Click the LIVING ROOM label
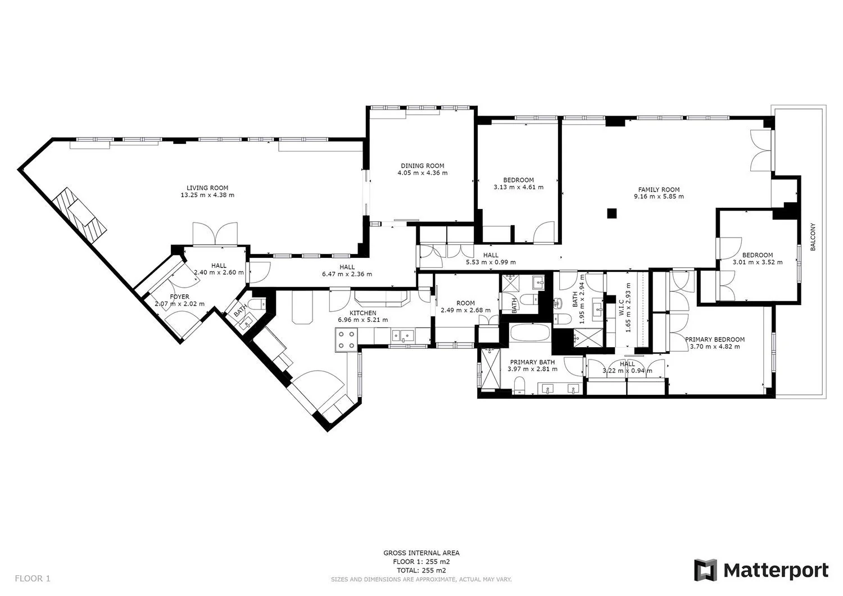click(x=207, y=188)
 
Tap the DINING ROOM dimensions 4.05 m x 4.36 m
click(x=423, y=173)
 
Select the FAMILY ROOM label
click(x=659, y=190)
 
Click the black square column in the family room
click(x=612, y=213)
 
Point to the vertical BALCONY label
click(x=813, y=236)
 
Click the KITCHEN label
click(x=363, y=313)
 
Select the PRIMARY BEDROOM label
click(x=715, y=339)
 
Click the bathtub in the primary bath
click(x=529, y=333)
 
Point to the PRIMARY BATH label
click(x=532, y=362)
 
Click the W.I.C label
click(x=621, y=307)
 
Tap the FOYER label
click(x=179, y=297)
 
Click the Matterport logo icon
click(x=706, y=570)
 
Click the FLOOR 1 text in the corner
click(x=33, y=579)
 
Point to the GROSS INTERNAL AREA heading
click(x=421, y=553)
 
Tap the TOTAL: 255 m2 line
click(x=421, y=570)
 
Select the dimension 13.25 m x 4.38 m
click(x=207, y=195)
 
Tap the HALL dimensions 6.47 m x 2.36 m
click(x=347, y=274)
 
